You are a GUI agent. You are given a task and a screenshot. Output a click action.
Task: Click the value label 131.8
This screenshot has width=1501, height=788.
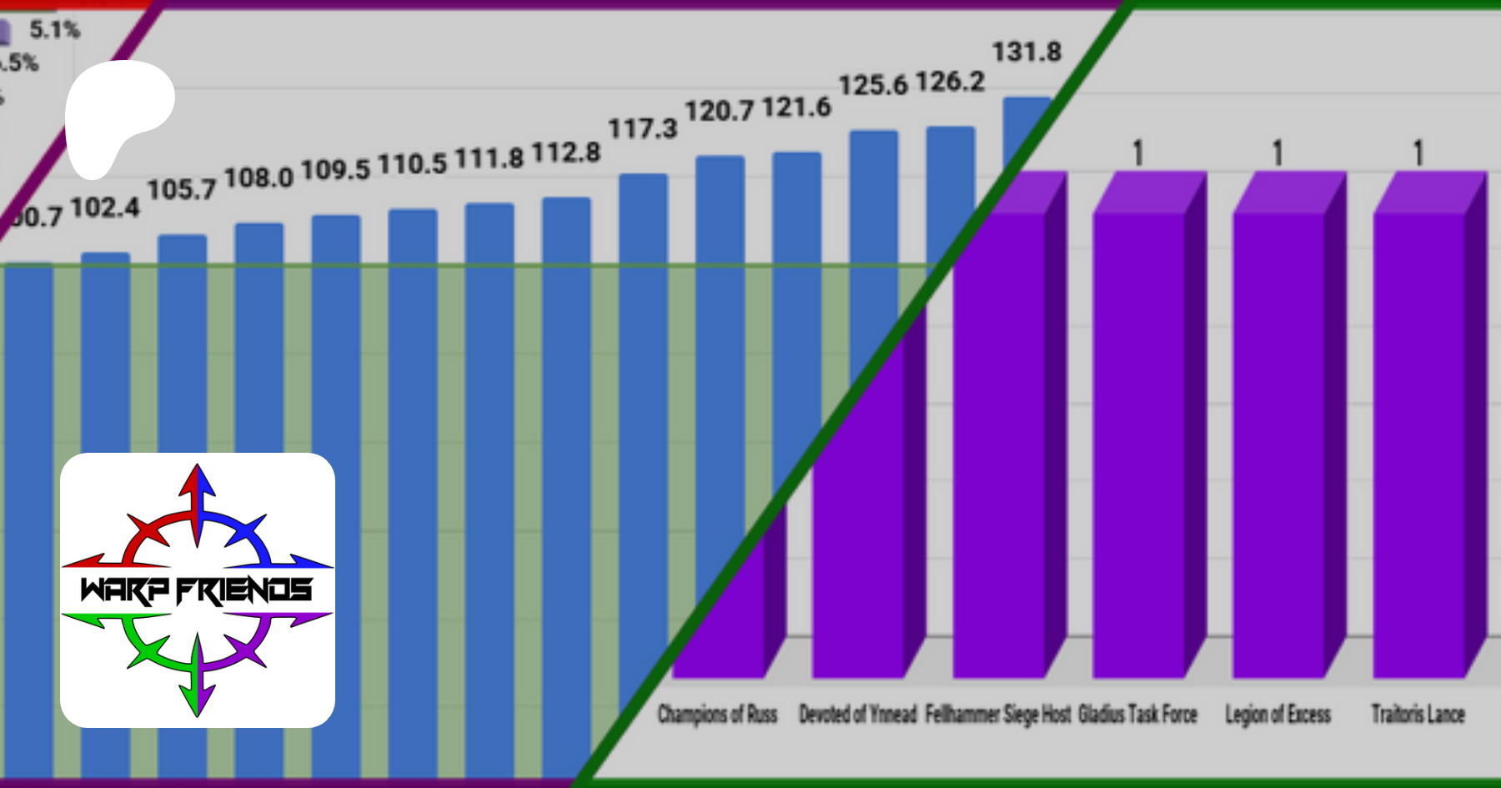pyautogui.click(x=1027, y=53)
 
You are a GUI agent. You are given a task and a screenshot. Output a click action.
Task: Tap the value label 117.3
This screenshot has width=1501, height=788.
pyautogui.click(x=642, y=129)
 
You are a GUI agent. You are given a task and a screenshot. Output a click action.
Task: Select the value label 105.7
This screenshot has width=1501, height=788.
pyautogui.click(x=181, y=190)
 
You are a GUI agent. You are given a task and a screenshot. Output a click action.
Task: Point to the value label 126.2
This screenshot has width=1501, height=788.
pyautogui.click(x=950, y=82)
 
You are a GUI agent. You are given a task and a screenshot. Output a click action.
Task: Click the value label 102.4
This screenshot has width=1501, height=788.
pyautogui.click(x=105, y=208)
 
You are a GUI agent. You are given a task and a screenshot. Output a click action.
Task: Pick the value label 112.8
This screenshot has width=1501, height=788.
pyautogui.click(x=566, y=153)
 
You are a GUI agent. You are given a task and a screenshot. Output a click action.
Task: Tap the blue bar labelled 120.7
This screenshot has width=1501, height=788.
pyautogui.click(x=720, y=334)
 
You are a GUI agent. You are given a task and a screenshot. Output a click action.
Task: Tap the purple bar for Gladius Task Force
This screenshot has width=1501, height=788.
pyautogui.click(x=1139, y=442)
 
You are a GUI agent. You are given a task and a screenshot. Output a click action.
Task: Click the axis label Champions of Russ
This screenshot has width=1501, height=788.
pyautogui.click(x=717, y=715)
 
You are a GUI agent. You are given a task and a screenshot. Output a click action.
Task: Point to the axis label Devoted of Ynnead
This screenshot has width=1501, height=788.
pyautogui.click(x=857, y=715)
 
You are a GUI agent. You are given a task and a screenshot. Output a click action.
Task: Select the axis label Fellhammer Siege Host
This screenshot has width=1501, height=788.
pyautogui.click(x=997, y=715)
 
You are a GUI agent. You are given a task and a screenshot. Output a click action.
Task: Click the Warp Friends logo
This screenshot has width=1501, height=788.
pyautogui.click(x=198, y=590)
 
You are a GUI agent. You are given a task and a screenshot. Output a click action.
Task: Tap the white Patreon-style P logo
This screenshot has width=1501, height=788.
pyautogui.click(x=117, y=113)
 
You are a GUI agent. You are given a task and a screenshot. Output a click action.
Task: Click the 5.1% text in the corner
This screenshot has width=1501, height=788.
pyautogui.click(x=54, y=31)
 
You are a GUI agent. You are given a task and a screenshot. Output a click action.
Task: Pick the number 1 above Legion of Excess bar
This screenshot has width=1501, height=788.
pyautogui.click(x=1278, y=153)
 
